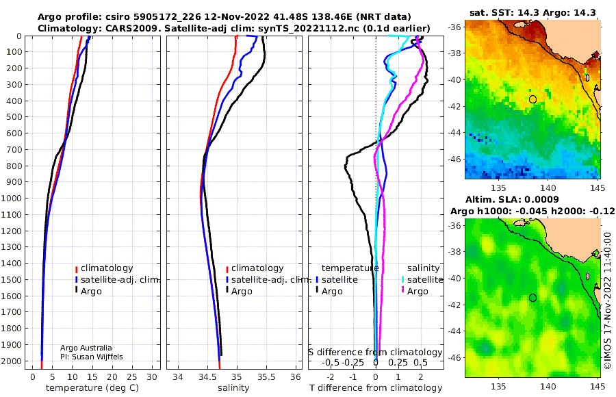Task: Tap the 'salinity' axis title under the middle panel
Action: tap(234, 388)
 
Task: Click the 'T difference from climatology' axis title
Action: tap(376, 388)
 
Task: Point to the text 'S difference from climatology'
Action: tap(376, 352)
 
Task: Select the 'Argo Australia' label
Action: tap(86, 348)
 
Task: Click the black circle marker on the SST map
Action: tap(532, 99)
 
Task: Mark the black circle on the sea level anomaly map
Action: tap(532, 298)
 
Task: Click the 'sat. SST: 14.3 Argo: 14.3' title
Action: tap(532, 12)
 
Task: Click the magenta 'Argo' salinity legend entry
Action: tap(417, 292)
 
